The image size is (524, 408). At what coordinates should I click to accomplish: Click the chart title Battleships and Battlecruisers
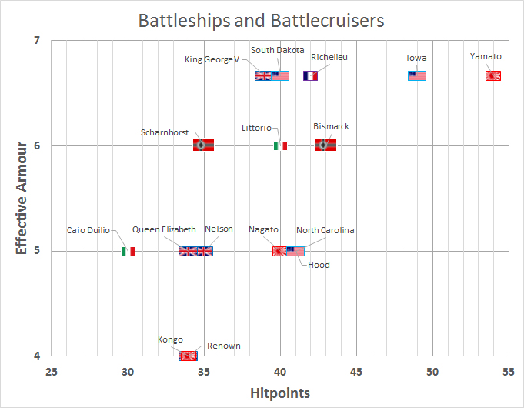261,20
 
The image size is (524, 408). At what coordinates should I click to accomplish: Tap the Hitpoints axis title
280,393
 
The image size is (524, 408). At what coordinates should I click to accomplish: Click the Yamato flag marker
493,75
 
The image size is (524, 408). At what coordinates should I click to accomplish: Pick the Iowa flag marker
417,75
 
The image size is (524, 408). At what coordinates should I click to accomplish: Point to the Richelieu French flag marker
311,75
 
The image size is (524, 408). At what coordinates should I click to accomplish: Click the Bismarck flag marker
325,145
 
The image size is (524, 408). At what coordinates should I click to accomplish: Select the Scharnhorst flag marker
203,145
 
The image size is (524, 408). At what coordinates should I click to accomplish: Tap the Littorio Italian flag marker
280,145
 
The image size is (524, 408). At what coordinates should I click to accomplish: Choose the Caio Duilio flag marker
128,251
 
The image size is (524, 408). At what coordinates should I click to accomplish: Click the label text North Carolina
325,230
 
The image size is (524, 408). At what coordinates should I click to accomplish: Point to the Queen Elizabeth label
164,229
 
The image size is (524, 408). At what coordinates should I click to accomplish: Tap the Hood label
319,265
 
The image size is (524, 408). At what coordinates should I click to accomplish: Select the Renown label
223,346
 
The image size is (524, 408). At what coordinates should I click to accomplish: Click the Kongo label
170,339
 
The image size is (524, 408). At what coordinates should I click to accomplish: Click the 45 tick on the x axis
355,371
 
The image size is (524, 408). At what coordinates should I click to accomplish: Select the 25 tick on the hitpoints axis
52,371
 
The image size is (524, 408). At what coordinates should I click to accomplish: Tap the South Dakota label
277,50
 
